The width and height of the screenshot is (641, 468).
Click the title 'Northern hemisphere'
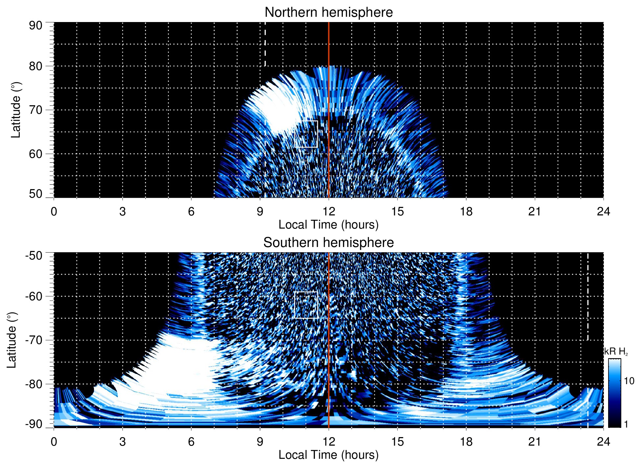(328, 12)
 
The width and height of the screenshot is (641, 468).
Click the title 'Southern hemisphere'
(328, 243)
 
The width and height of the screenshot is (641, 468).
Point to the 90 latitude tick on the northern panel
(36, 26)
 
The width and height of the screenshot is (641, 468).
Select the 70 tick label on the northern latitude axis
(36, 110)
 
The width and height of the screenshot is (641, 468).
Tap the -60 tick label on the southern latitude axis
(34, 296)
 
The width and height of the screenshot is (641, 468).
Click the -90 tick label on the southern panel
(34, 424)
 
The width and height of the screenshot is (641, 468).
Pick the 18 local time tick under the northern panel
(466, 211)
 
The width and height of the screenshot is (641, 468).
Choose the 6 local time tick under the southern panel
(191, 442)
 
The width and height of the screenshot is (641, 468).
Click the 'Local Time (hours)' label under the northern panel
(328, 225)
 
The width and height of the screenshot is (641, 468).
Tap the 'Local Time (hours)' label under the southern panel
(328, 455)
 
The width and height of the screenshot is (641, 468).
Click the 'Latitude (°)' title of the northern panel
(16, 110)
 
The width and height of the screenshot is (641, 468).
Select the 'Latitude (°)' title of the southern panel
(12, 340)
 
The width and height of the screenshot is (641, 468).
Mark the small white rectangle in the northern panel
(306, 134)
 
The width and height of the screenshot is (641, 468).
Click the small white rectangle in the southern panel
(306, 305)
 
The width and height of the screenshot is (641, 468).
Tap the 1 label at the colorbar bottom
(626, 424)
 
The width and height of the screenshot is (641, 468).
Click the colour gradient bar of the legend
(614, 393)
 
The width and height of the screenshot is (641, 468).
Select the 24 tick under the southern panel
(603, 442)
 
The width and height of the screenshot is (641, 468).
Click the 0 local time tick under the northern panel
(54, 211)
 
